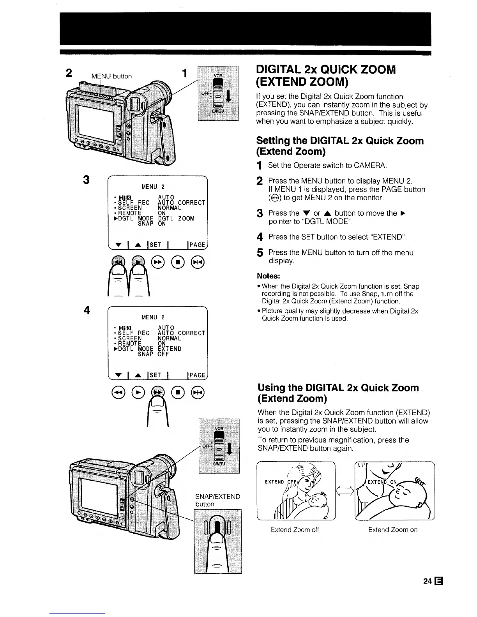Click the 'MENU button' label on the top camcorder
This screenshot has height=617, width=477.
click(x=111, y=76)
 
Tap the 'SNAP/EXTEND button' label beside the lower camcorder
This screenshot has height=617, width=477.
click(x=217, y=500)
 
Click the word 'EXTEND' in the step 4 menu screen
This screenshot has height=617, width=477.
click(x=170, y=349)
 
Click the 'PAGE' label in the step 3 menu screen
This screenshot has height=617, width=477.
click(x=197, y=245)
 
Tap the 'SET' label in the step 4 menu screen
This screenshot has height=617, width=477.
click(x=155, y=375)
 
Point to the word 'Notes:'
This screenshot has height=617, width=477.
click(x=269, y=276)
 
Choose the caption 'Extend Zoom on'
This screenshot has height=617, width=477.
click(x=392, y=529)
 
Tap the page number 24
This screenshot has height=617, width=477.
click(x=427, y=581)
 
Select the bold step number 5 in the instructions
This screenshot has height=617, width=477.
click(x=260, y=253)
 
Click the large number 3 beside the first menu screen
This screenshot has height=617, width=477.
click(x=87, y=180)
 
